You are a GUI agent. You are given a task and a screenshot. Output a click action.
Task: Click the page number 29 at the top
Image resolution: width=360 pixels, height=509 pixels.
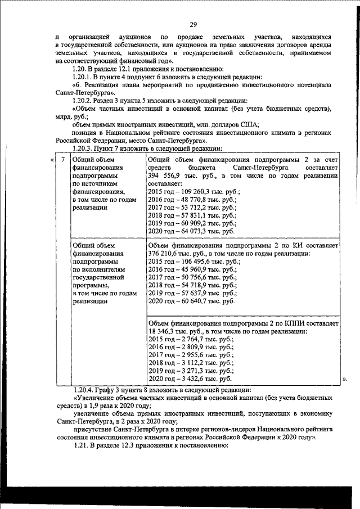[x=193, y=24]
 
